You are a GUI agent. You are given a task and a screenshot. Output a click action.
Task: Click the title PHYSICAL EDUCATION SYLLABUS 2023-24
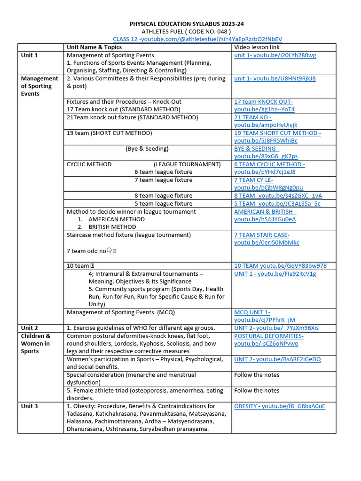(187, 23)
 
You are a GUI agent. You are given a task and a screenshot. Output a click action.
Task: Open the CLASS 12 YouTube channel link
(197, 39)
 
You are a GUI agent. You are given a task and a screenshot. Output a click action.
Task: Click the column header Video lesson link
(257, 47)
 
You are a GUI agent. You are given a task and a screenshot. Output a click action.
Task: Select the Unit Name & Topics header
(94, 47)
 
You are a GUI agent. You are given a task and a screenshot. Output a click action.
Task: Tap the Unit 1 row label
(29, 55)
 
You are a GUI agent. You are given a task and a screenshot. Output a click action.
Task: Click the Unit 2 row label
(29, 328)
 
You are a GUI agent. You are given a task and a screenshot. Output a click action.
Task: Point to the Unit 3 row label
(29, 406)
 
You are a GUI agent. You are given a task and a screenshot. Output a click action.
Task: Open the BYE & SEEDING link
(266, 153)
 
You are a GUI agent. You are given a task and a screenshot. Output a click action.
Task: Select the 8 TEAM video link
(278, 195)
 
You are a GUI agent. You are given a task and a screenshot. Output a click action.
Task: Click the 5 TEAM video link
(277, 203)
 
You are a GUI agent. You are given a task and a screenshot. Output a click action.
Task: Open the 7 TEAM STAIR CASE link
(267, 239)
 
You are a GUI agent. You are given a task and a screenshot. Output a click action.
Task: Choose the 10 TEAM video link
(280, 266)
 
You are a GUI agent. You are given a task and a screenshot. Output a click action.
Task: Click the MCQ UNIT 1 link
(265, 316)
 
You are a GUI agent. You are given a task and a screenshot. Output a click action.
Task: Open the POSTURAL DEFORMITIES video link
(269, 340)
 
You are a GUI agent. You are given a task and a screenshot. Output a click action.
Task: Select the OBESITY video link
(280, 406)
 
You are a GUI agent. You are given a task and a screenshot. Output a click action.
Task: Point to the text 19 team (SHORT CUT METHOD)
(110, 133)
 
